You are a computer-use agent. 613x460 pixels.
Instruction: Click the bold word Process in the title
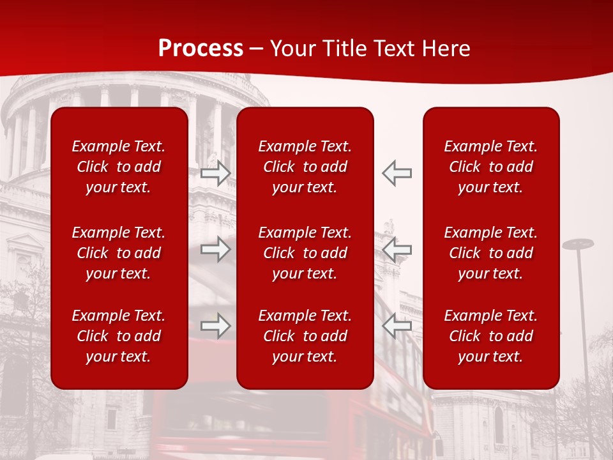[x=201, y=49]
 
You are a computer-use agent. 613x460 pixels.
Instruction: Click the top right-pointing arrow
[x=216, y=173]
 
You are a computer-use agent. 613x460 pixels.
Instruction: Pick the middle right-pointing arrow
[x=216, y=249]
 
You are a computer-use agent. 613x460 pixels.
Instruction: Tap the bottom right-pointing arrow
[x=216, y=326]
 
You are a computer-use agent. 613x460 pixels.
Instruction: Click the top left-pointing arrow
[x=397, y=173]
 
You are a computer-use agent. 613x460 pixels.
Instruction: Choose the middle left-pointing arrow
[x=397, y=249]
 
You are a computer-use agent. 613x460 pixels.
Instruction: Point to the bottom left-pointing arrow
[x=397, y=326]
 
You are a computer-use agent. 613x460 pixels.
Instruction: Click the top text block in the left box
[x=119, y=167]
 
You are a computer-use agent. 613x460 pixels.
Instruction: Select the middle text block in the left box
[x=119, y=253]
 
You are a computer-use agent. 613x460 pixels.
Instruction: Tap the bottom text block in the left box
[x=119, y=336]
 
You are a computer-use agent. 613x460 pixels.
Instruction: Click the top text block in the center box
[x=305, y=167]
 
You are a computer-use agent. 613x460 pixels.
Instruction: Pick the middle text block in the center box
[x=305, y=253]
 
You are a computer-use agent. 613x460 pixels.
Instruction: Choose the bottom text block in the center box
[x=305, y=336]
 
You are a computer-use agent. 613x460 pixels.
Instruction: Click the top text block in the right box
[x=491, y=167]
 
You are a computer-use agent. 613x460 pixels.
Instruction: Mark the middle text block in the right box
[x=491, y=253]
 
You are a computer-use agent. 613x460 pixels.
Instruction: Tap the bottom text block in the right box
[x=491, y=336]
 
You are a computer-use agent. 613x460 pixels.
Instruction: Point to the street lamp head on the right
[x=578, y=244]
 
